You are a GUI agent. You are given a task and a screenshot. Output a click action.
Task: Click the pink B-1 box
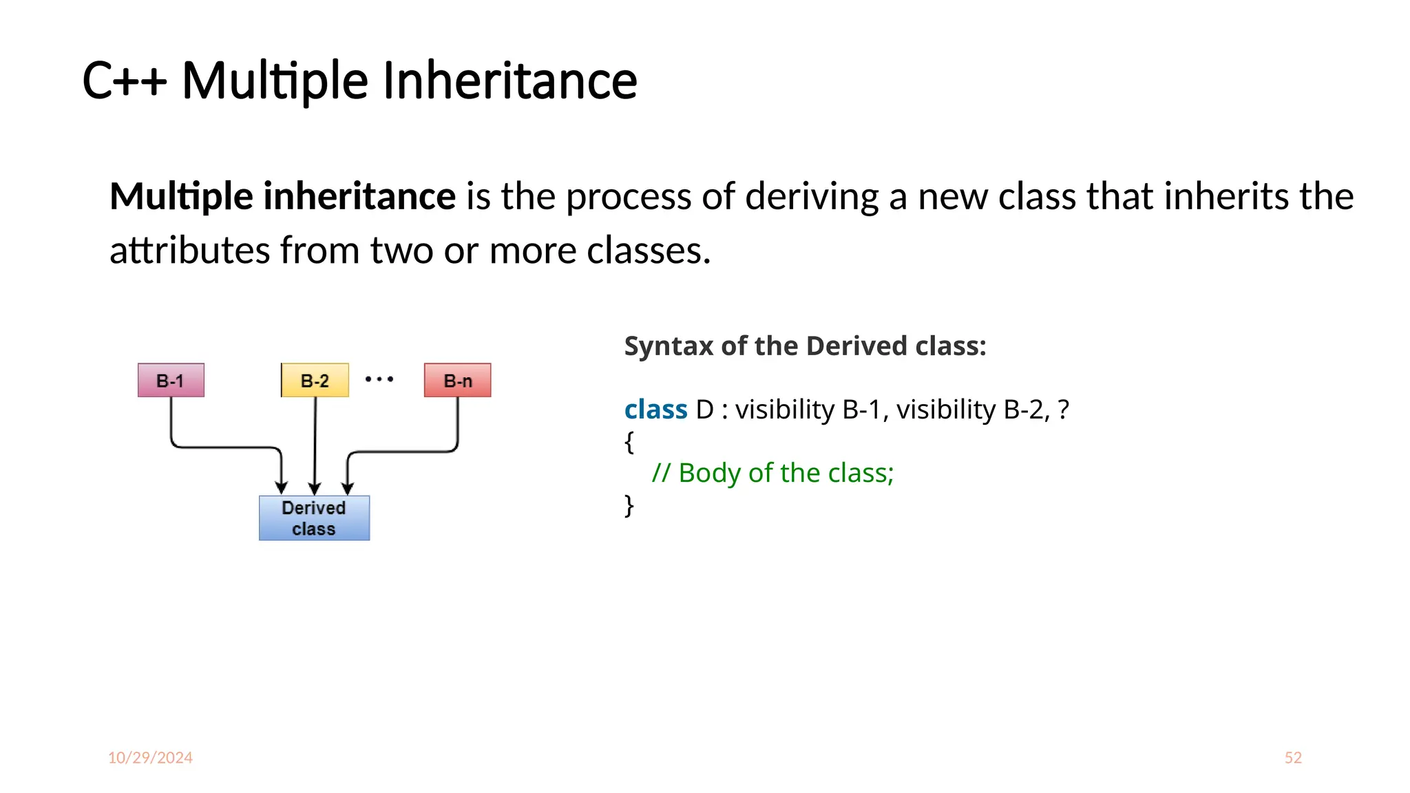(x=171, y=380)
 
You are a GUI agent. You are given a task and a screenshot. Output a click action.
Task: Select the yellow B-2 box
(x=315, y=380)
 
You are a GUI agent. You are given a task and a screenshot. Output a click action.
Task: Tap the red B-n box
(x=458, y=380)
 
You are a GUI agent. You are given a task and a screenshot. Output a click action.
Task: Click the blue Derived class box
(x=314, y=518)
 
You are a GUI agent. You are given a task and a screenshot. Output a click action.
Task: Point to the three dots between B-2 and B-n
(x=379, y=379)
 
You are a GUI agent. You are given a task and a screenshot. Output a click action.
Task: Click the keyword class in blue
(x=655, y=410)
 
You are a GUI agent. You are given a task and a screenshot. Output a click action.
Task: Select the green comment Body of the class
(x=772, y=473)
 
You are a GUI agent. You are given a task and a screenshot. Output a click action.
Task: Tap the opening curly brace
(x=629, y=441)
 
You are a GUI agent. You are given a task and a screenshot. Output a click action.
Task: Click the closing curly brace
(x=629, y=505)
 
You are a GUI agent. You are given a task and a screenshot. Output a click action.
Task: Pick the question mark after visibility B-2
(x=1063, y=410)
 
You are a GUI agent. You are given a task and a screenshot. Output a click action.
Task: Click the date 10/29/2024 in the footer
(x=150, y=757)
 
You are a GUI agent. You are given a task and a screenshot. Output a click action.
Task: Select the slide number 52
(x=1293, y=757)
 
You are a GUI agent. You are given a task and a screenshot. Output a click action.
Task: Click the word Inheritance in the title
(x=509, y=81)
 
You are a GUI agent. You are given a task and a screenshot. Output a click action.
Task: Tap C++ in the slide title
(x=124, y=81)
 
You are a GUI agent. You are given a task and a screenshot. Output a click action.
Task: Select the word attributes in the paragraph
(x=189, y=250)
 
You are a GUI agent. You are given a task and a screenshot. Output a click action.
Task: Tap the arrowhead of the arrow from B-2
(x=315, y=489)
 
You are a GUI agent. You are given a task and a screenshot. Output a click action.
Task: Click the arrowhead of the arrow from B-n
(x=348, y=489)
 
